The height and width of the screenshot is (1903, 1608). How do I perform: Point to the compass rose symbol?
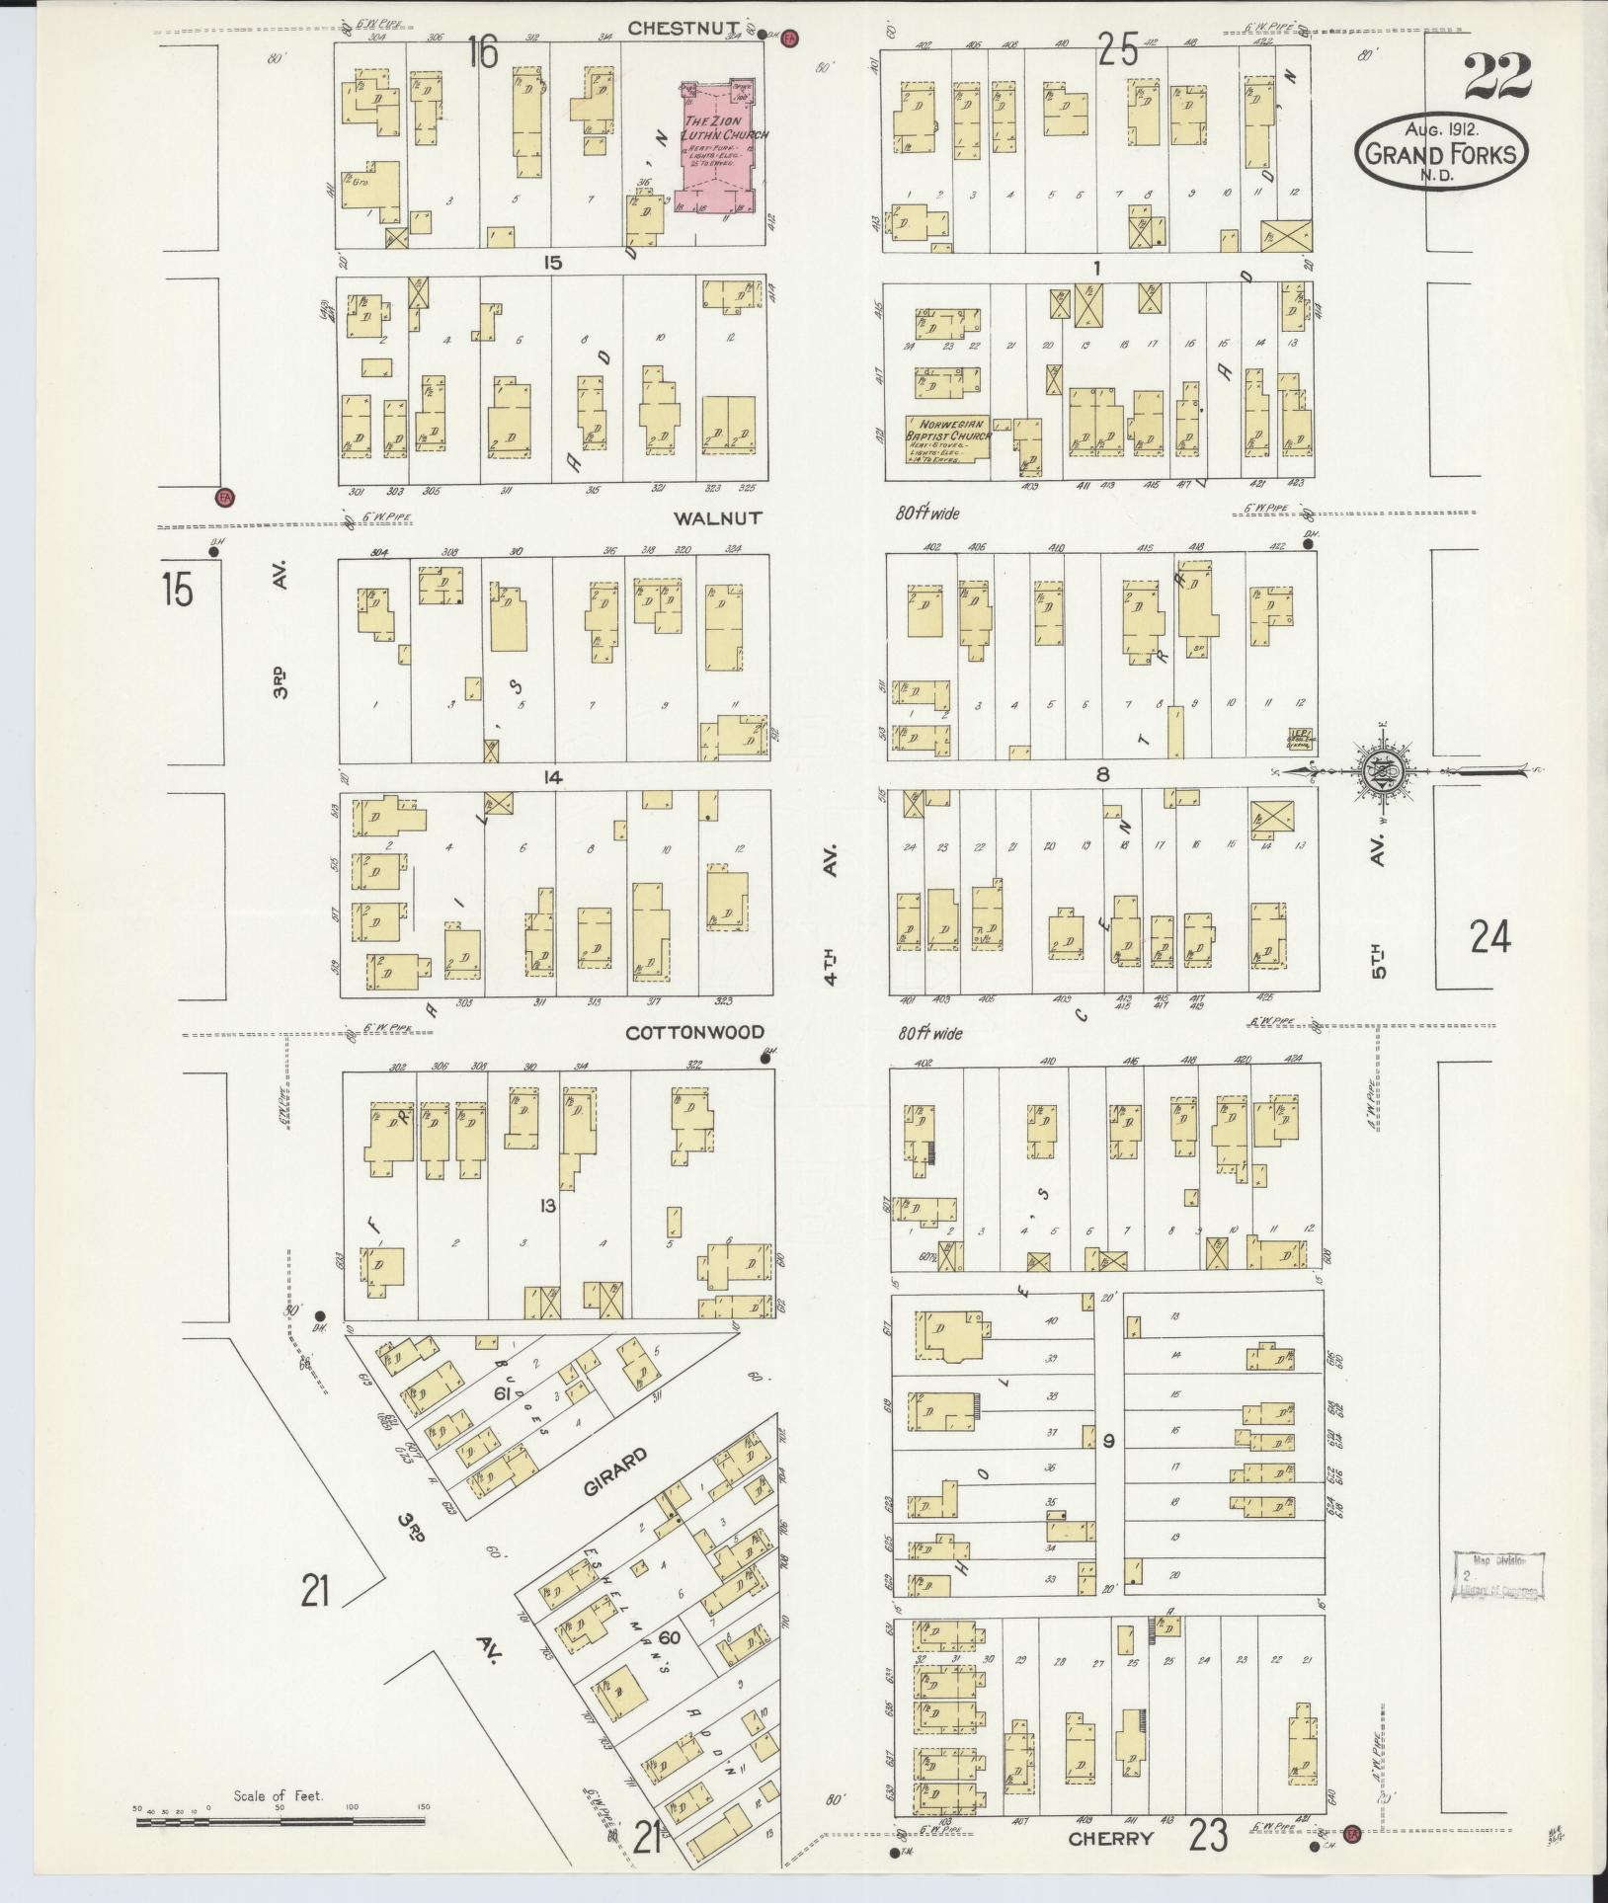(1378, 770)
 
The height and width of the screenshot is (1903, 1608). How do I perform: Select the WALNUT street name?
(719, 517)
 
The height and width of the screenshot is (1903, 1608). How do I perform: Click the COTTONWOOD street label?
(694, 1032)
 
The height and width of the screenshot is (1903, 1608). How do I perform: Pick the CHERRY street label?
(1110, 1838)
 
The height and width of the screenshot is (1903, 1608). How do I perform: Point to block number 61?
(501, 1393)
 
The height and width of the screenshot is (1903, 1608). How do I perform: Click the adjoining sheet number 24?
(1488, 936)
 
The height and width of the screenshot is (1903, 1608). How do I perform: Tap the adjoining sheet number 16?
(482, 52)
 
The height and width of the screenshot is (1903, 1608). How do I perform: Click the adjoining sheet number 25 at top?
(1119, 49)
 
